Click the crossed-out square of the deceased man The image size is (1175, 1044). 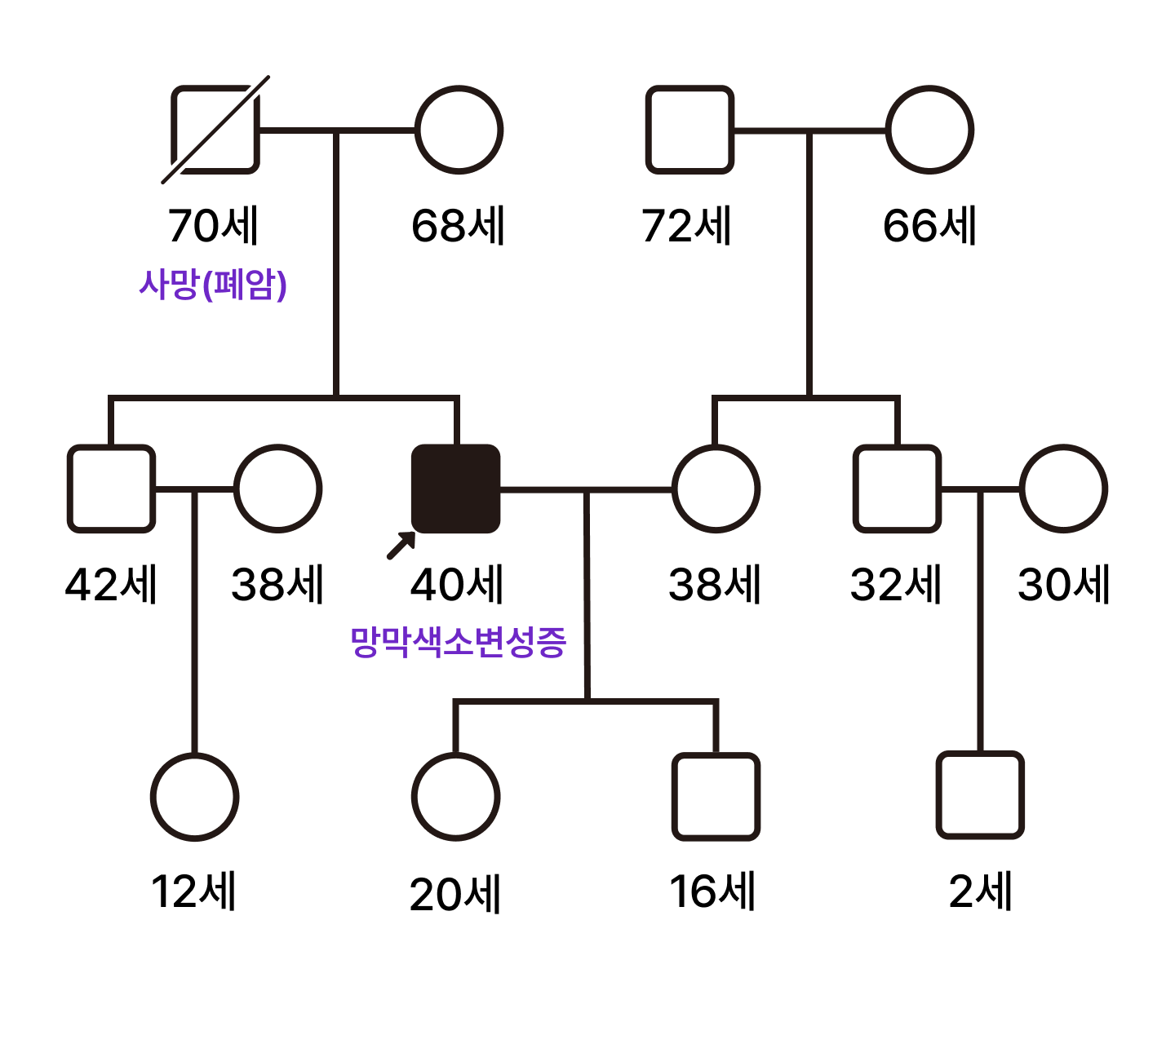pos(215,130)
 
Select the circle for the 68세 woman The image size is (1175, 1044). pos(459,130)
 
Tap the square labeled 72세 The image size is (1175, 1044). pos(689,130)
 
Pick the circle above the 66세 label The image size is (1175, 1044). pos(929,130)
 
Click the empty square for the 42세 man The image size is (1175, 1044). pos(111,489)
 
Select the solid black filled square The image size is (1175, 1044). pos(455,489)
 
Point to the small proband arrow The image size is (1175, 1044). pos(401,546)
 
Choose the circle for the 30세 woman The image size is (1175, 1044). pos(1063,489)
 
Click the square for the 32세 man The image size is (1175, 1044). pos(897,489)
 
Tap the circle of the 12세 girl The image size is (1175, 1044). pos(194,797)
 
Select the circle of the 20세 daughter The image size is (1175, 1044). pos(455,797)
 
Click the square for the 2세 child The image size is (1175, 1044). pos(980,795)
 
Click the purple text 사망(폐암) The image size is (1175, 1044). pos(213,285)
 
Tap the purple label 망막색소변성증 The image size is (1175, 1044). pos(458,642)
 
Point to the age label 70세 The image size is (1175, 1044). pos(213,226)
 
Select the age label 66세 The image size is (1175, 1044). pos(929,226)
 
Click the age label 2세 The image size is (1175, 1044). pos(980,891)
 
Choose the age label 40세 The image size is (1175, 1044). pos(457,585)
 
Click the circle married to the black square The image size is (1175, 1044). pos(716,489)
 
